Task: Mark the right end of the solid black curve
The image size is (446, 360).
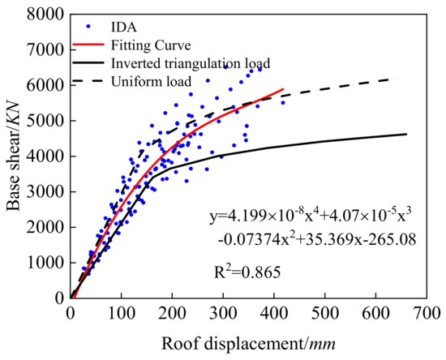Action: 406,135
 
